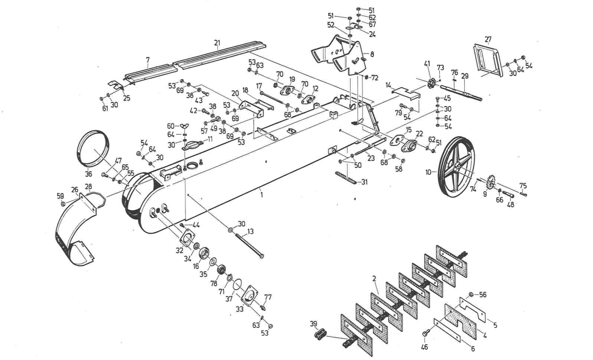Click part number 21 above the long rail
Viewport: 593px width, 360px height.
pyautogui.click(x=217, y=43)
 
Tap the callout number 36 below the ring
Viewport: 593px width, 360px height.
pyautogui.click(x=89, y=174)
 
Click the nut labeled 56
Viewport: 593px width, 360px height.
pyautogui.click(x=471, y=294)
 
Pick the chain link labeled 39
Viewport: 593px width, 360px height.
pyautogui.click(x=319, y=333)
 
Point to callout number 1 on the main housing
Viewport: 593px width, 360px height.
pyautogui.click(x=262, y=195)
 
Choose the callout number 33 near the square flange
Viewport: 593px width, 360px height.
pyautogui.click(x=240, y=309)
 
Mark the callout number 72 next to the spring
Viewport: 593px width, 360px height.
pyautogui.click(x=374, y=78)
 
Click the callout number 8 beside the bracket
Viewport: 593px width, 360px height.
pyautogui.click(x=372, y=54)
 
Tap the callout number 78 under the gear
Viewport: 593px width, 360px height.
pyautogui.click(x=214, y=283)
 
